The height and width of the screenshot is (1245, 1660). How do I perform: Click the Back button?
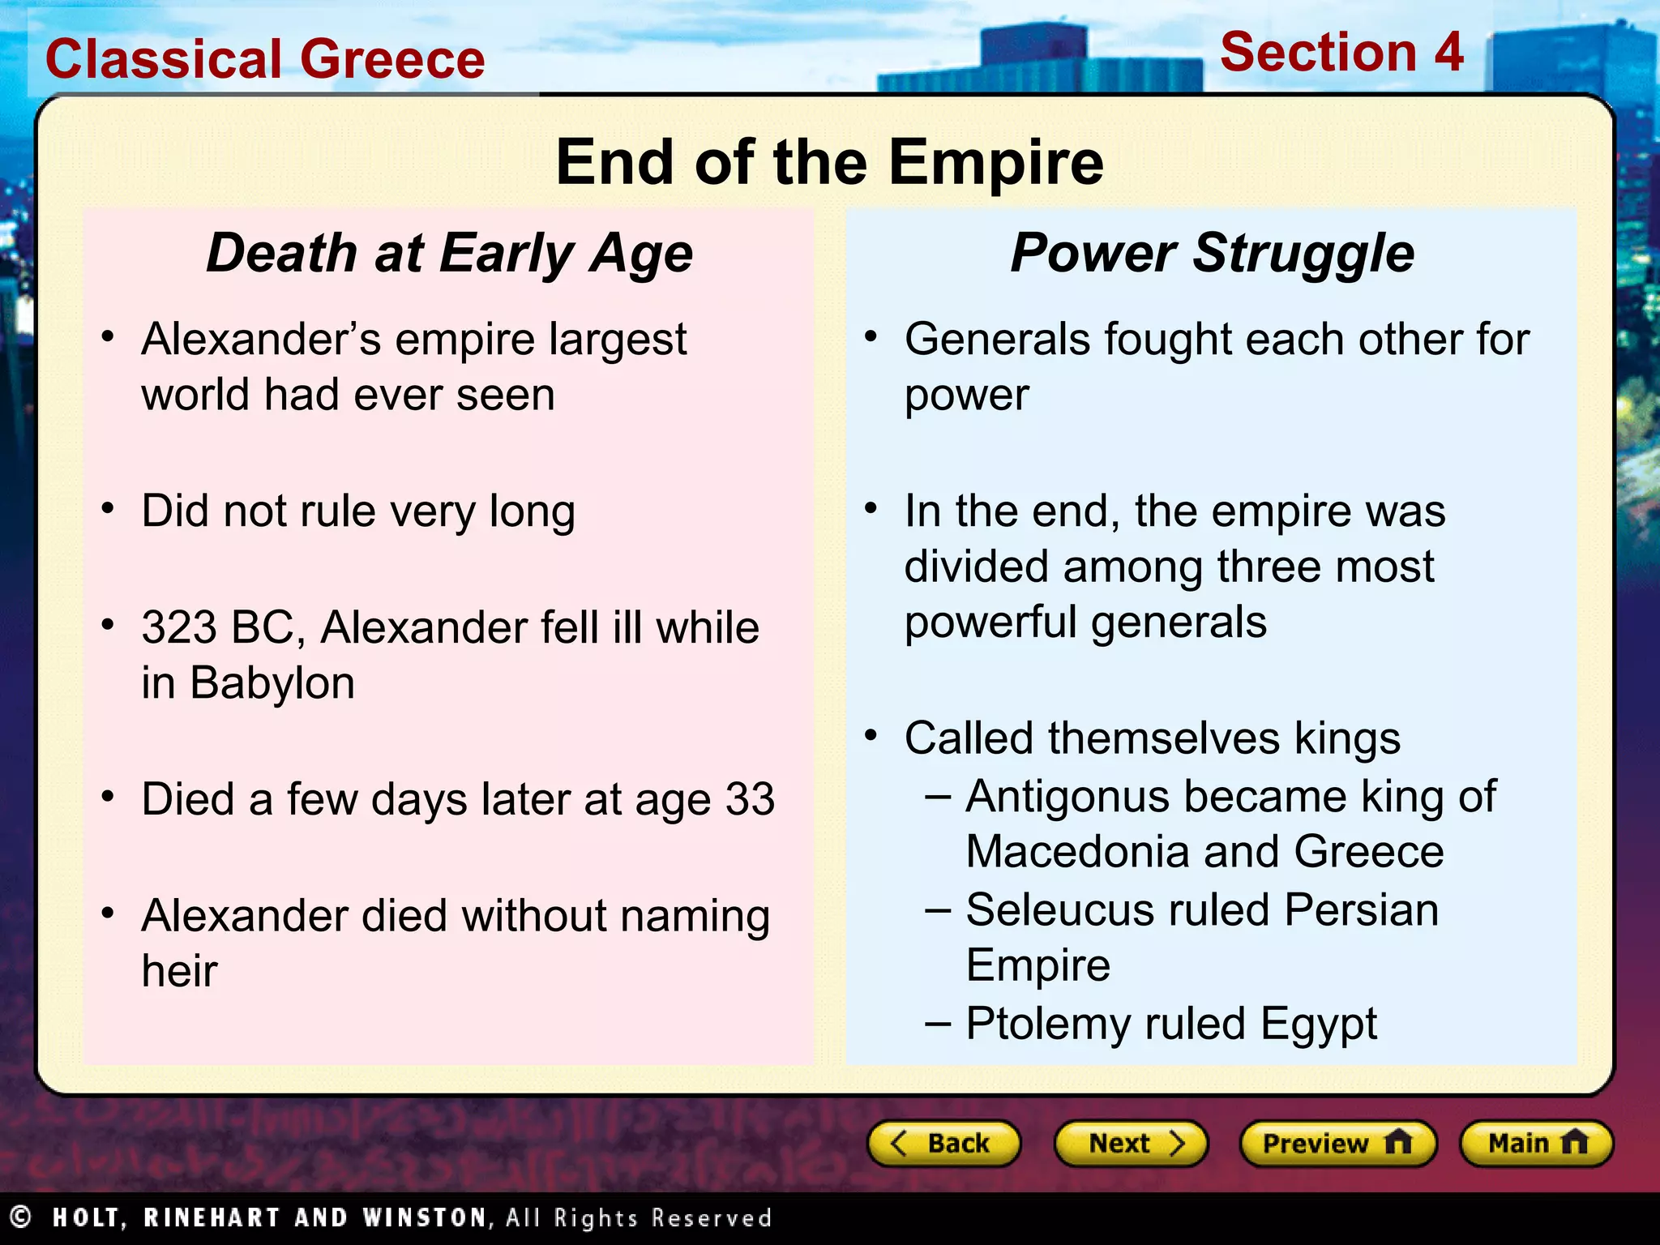[943, 1144]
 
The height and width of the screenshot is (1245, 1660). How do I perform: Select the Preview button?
[1337, 1144]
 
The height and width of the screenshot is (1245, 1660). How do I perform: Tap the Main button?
[1536, 1144]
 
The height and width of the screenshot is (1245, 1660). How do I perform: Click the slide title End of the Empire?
[829, 162]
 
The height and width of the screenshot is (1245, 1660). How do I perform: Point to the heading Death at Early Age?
[450, 254]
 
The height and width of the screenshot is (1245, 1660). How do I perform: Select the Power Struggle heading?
[1212, 254]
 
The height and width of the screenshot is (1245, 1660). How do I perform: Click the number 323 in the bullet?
[179, 628]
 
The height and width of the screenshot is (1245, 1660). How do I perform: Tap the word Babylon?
[272, 683]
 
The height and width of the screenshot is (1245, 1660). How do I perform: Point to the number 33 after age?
[750, 800]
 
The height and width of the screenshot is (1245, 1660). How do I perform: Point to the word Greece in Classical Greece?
[392, 60]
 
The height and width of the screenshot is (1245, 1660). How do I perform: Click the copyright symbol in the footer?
[20, 1217]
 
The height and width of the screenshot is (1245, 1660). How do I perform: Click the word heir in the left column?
[179, 971]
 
